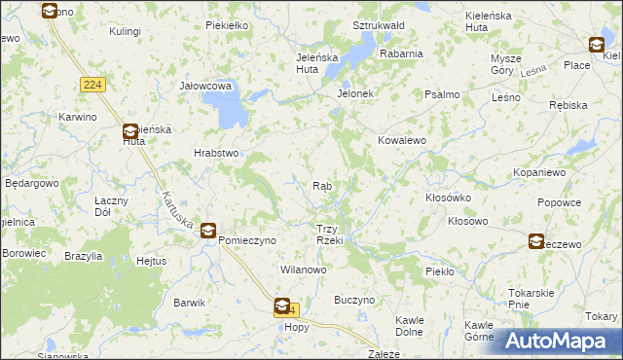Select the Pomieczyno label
(248, 239)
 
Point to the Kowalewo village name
(403, 140)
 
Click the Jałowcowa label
(204, 86)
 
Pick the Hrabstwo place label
(216, 153)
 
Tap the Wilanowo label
(303, 269)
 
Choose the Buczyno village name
(354, 301)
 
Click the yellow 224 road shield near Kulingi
(93, 86)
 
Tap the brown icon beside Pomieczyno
(208, 231)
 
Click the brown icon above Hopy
(282, 306)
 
